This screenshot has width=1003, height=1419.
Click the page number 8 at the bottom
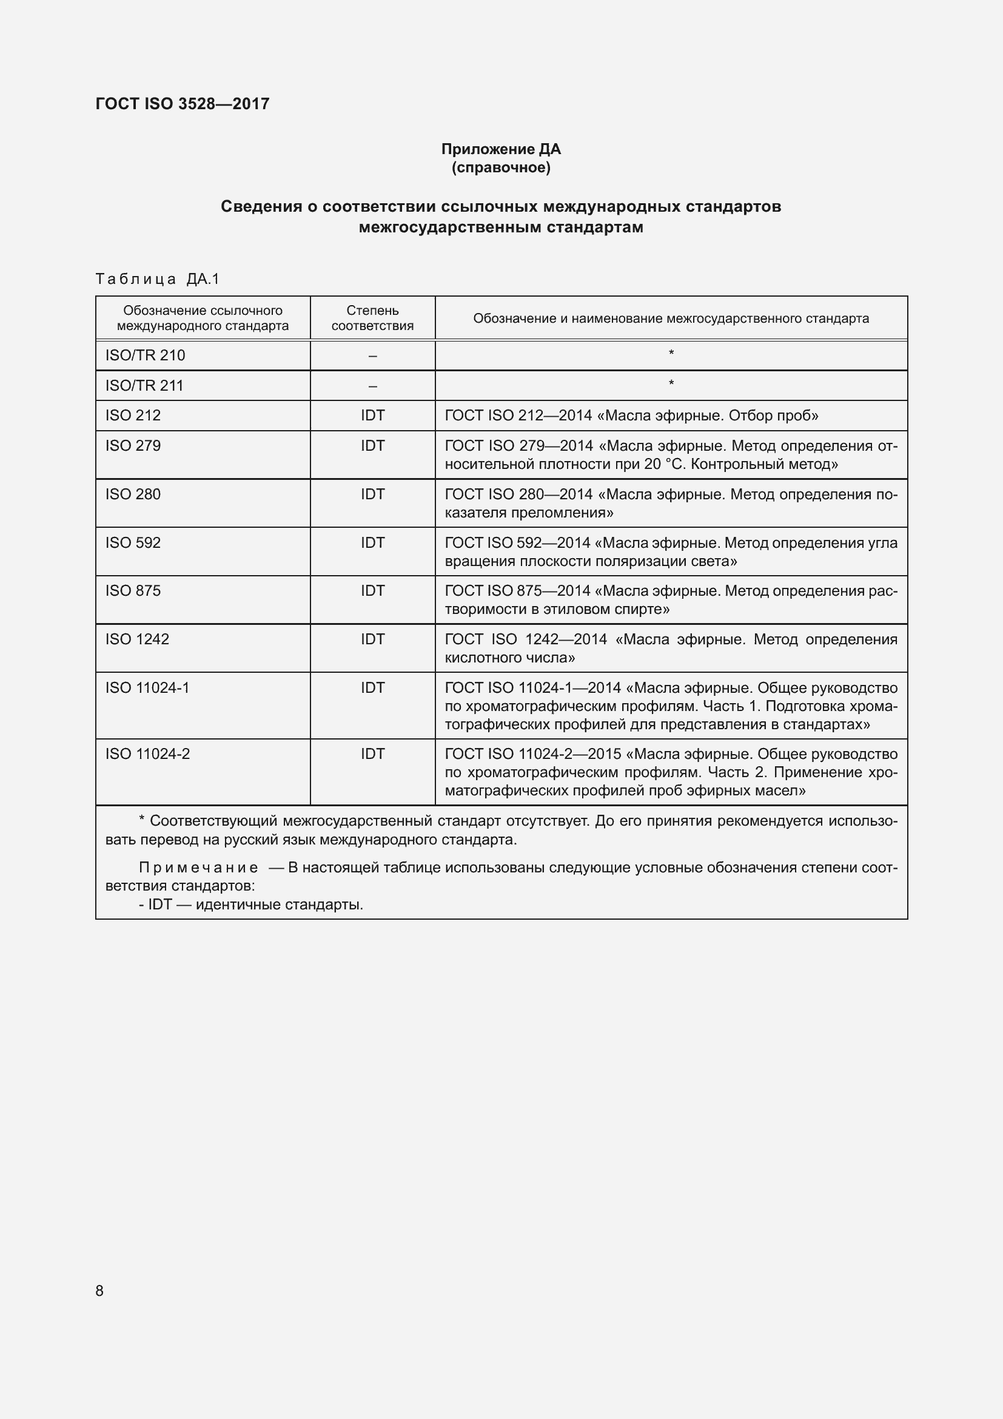(99, 1290)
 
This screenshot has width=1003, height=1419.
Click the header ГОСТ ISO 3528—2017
(182, 104)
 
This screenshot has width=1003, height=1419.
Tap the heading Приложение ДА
(501, 149)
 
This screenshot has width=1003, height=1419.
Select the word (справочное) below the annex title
(501, 167)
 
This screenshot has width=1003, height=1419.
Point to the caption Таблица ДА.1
(158, 279)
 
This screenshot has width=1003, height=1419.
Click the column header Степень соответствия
(372, 318)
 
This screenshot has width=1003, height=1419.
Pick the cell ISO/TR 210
(145, 356)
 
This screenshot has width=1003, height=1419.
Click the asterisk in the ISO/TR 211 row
(671, 384)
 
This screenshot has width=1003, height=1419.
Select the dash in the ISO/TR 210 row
(372, 356)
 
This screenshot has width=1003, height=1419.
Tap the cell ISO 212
(133, 416)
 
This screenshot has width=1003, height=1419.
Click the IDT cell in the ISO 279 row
(372, 446)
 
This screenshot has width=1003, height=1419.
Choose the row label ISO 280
(133, 494)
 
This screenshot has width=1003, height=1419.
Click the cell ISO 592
(133, 542)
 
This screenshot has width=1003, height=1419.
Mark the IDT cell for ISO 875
(372, 591)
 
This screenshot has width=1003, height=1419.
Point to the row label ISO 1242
(137, 639)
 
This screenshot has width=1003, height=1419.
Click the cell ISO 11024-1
(147, 688)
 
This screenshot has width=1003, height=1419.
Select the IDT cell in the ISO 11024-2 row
(372, 754)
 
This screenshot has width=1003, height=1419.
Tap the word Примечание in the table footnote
(198, 868)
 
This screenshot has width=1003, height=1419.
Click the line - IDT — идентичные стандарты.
(251, 905)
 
